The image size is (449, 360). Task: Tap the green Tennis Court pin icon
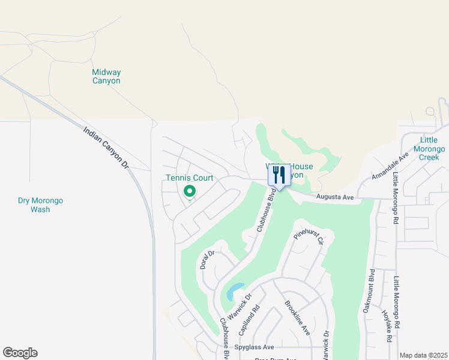tap(190, 192)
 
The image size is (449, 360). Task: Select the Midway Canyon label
tap(106, 76)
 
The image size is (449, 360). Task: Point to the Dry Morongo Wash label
tap(40, 205)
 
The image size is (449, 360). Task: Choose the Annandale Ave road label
tap(390, 166)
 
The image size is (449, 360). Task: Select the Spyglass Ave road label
tap(255, 347)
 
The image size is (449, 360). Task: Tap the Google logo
tap(20, 353)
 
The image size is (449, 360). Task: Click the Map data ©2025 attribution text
tap(423, 355)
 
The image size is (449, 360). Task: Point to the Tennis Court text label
tap(190, 178)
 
